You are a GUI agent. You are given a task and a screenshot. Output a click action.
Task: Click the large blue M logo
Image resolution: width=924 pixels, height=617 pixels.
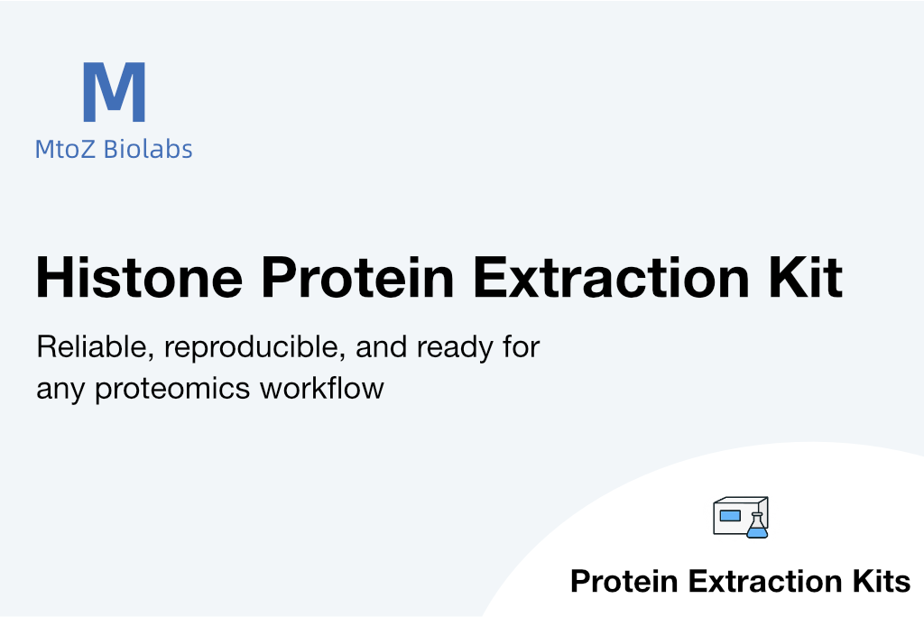pos(115,92)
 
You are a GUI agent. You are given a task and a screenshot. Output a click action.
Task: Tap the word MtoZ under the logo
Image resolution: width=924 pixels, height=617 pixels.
pos(65,149)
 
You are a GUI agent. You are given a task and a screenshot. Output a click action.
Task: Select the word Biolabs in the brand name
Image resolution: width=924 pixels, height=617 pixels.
pos(148,149)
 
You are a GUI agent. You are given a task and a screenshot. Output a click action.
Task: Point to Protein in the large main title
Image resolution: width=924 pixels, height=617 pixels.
pos(357,277)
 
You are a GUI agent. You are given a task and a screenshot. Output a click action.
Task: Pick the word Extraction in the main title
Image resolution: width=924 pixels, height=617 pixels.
pos(612,277)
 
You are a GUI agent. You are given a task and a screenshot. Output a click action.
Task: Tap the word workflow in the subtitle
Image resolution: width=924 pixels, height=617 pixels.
pos(322,389)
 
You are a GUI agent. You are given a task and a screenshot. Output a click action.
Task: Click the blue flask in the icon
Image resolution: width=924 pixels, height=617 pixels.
pos(757,526)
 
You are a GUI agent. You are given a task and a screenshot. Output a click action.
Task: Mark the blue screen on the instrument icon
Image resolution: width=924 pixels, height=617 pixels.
pos(730,516)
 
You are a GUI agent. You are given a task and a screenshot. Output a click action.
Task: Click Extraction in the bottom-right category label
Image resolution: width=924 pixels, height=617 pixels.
pos(765,581)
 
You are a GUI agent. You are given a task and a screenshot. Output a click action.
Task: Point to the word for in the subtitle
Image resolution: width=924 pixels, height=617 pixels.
pos(521,346)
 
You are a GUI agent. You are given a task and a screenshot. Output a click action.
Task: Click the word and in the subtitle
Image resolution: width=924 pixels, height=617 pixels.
pos(381,346)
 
